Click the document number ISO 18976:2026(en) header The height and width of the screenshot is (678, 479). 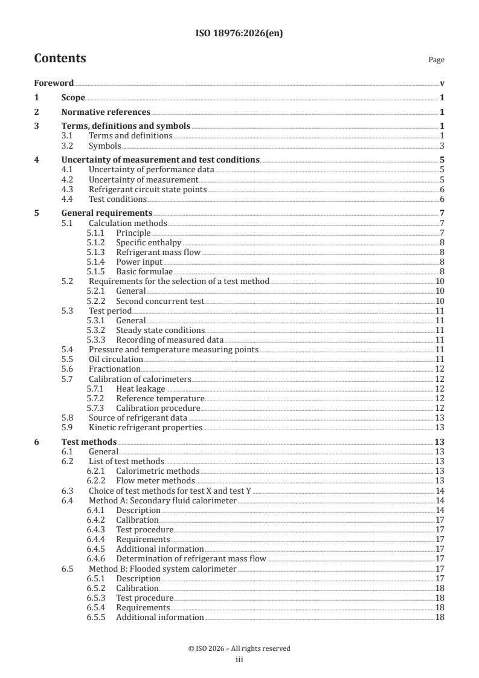239,34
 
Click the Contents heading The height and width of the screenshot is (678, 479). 60,59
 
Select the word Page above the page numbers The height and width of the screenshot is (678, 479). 436,60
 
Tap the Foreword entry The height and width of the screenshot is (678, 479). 54,83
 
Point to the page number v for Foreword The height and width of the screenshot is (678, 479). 442,83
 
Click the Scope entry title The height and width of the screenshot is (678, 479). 73,97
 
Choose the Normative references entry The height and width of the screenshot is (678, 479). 106,112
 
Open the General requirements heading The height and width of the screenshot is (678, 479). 107,213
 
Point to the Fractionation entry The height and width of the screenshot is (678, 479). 115,369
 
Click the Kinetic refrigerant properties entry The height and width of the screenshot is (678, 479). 145,427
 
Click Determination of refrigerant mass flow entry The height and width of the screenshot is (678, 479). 191,559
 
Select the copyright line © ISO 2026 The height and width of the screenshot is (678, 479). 239,648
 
